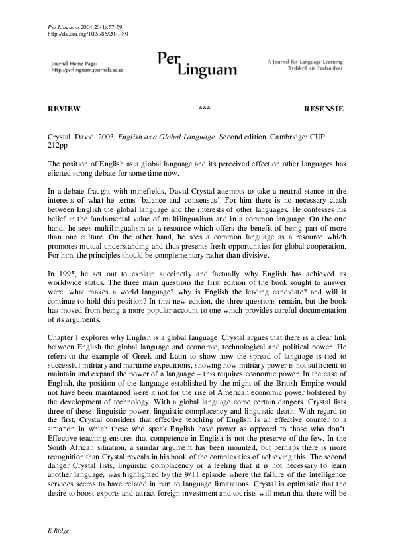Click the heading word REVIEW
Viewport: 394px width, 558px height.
pyautogui.click(x=64, y=109)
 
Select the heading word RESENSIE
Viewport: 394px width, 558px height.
pyautogui.click(x=323, y=109)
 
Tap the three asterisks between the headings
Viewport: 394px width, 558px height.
pyautogui.click(x=204, y=109)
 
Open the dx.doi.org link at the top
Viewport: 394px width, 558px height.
pyautogui.click(x=89, y=33)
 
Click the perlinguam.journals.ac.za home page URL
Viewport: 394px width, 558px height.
pyautogui.click(x=87, y=70)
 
